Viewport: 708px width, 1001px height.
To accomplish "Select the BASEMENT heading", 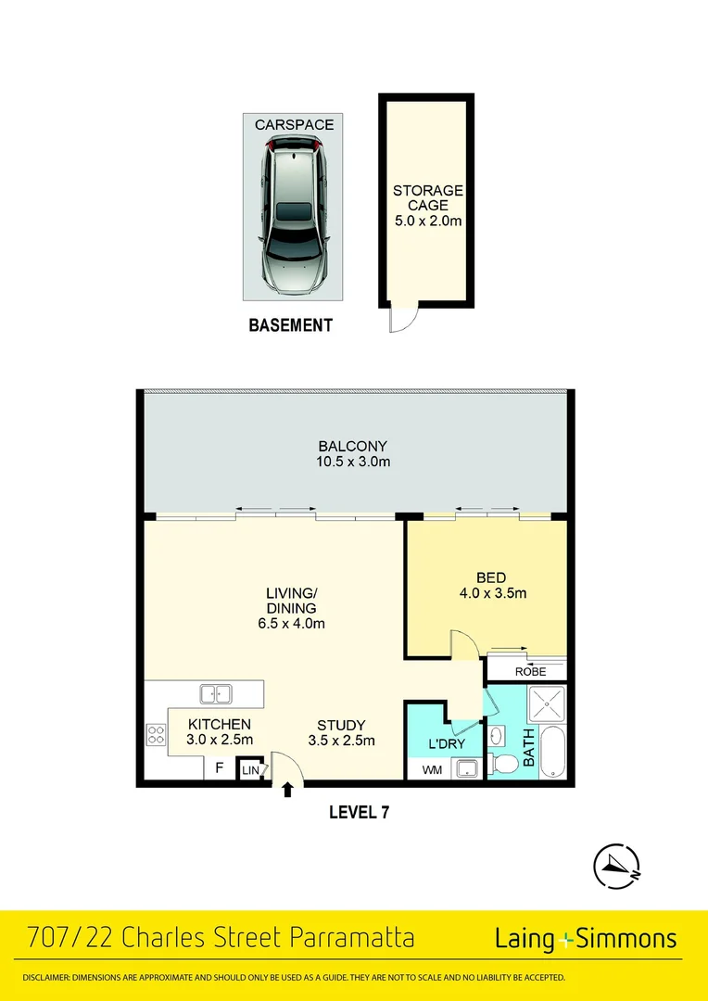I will (291, 325).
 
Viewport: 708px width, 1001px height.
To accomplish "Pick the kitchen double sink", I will (216, 692).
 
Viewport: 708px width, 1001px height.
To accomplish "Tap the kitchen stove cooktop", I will (156, 735).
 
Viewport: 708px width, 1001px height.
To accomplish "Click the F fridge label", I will (219, 767).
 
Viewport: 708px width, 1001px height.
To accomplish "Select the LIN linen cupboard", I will (250, 769).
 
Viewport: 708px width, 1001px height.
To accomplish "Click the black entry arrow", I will (287, 790).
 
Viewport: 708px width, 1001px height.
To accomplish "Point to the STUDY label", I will (341, 726).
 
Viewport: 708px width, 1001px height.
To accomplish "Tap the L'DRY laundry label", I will (446, 744).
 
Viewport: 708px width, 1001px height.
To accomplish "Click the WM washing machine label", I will (432, 769).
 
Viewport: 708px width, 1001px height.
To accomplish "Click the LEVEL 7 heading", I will (359, 813).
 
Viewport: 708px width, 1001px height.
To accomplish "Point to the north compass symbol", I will (617, 866).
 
